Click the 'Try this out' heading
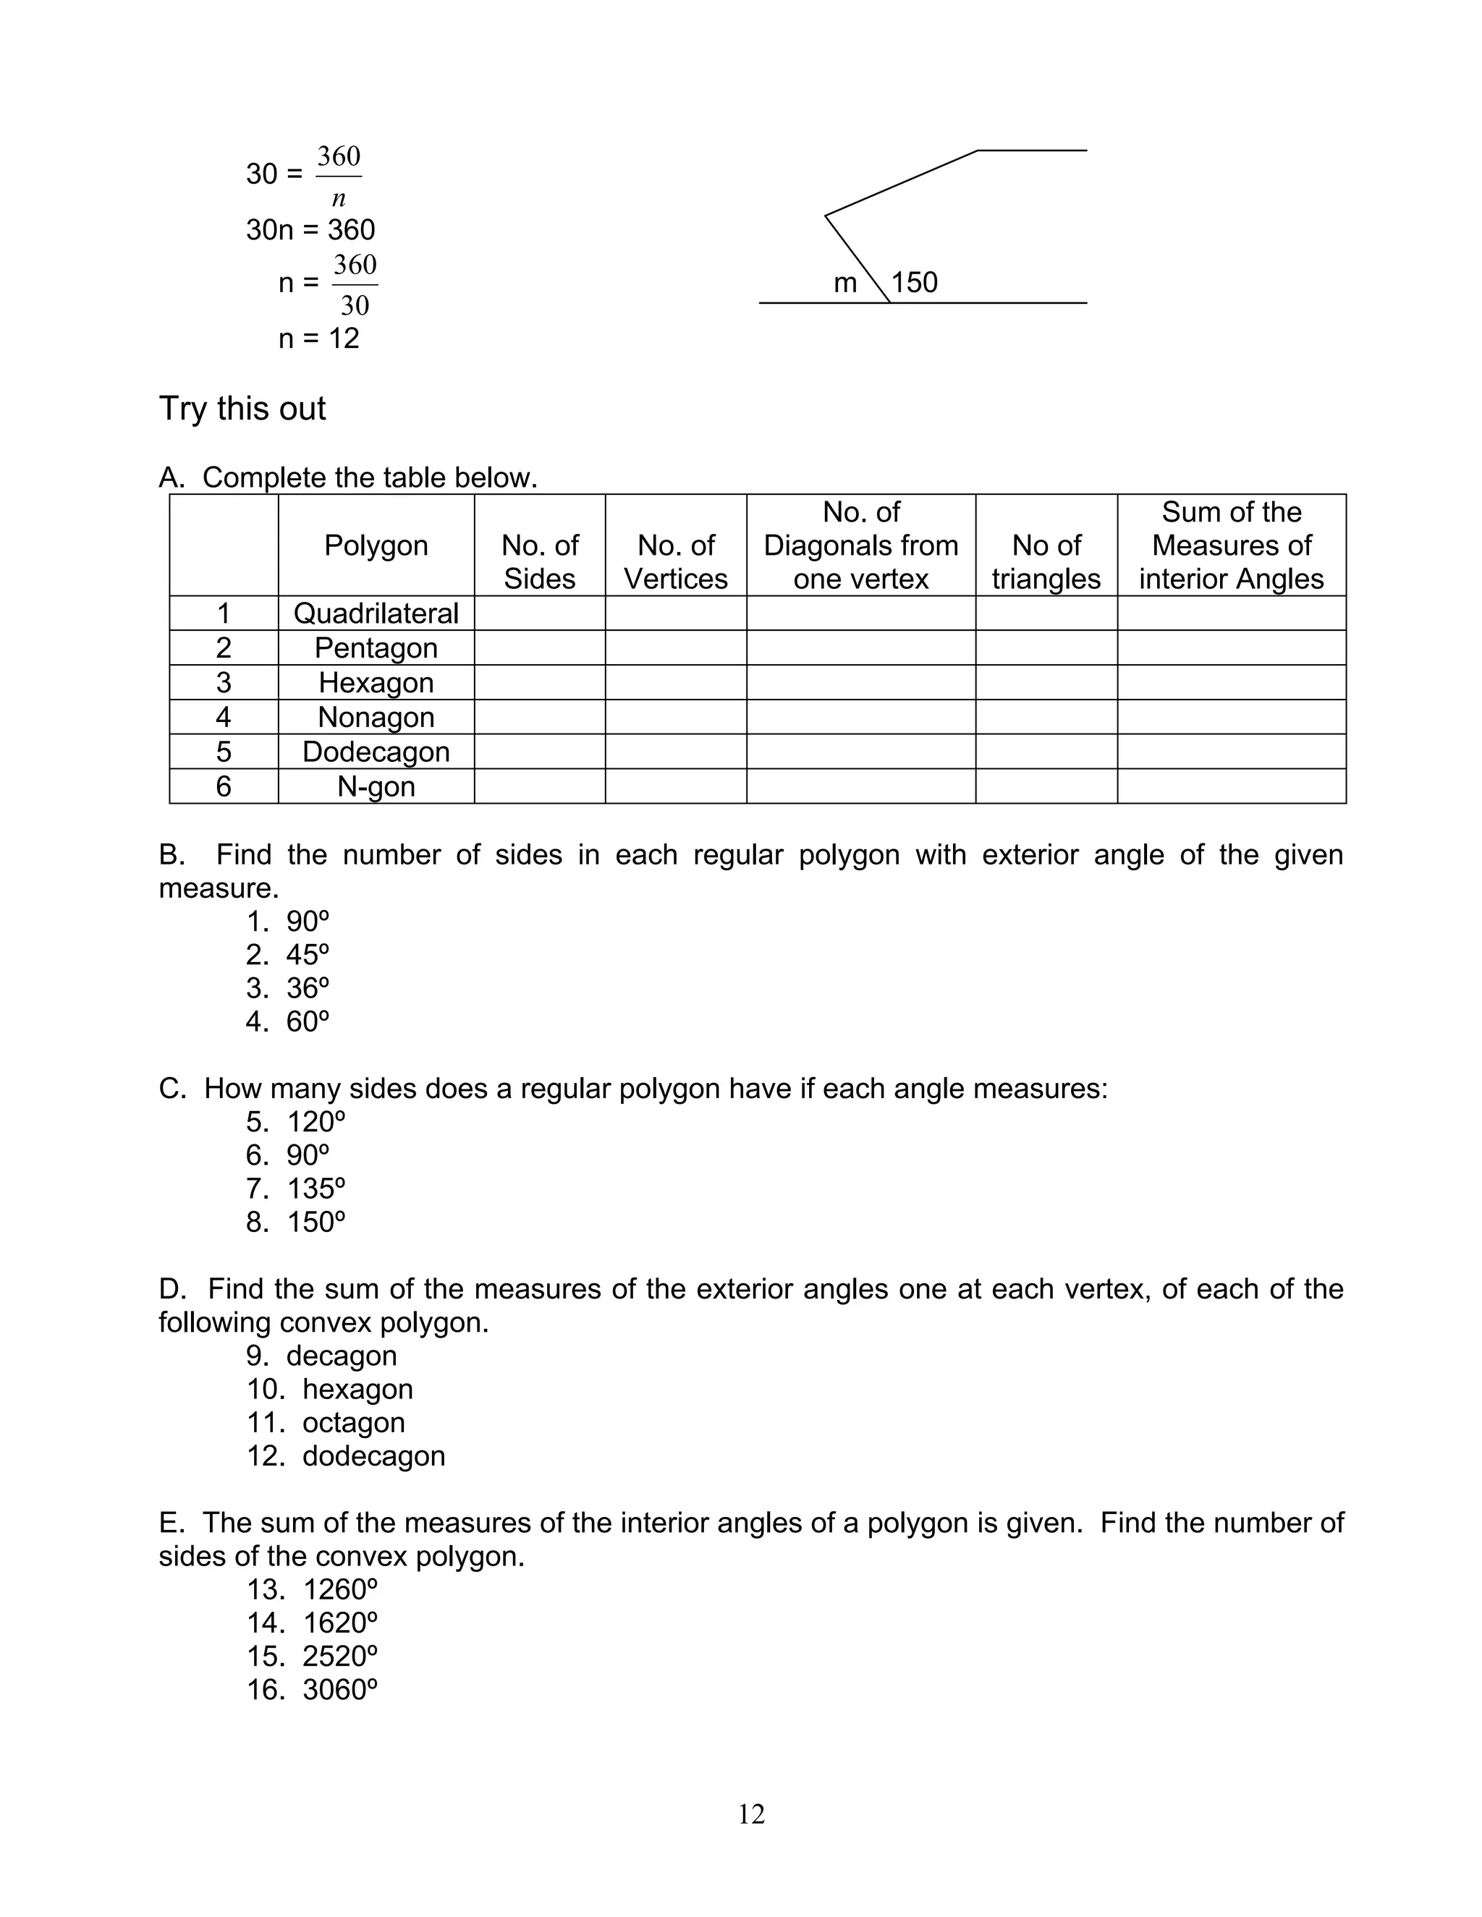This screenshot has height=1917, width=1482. point(242,409)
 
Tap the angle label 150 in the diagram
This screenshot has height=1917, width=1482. point(914,283)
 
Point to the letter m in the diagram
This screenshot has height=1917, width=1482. point(844,284)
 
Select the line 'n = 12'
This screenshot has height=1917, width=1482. point(318,339)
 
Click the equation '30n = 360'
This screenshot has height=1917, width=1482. point(310,230)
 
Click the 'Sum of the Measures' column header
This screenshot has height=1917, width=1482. point(1231,545)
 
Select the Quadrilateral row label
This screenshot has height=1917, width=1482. point(376,613)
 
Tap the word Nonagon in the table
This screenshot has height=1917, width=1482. point(376,717)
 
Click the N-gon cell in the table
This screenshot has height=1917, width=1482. point(376,786)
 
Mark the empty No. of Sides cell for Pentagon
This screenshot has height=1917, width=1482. point(539,647)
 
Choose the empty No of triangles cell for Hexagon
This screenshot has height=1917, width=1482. point(1046,682)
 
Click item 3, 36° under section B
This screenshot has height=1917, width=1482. point(288,988)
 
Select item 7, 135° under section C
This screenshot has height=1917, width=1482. point(296,1189)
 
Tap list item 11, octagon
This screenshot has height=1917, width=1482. point(326,1422)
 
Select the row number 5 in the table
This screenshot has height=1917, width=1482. point(223,752)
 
